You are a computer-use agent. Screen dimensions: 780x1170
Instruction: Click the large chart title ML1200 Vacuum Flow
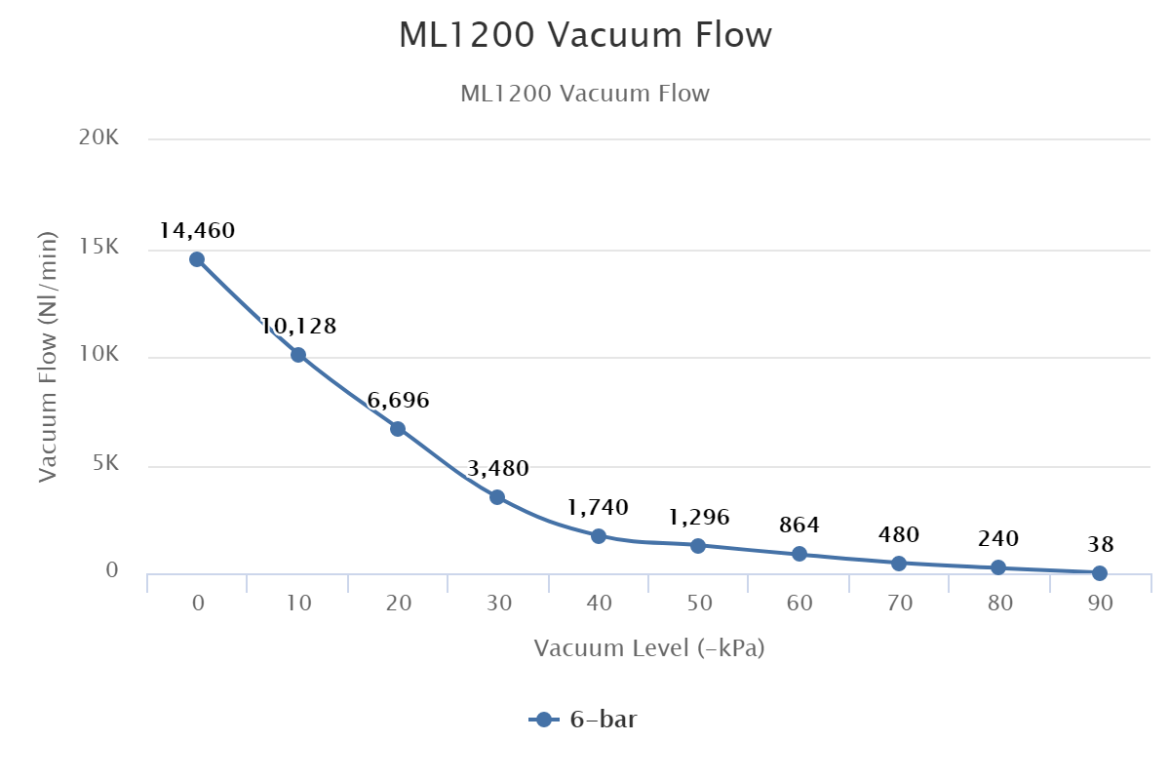point(585,36)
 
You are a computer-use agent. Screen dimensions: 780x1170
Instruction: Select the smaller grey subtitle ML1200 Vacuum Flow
point(585,95)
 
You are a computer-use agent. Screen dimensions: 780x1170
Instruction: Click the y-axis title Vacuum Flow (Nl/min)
point(48,357)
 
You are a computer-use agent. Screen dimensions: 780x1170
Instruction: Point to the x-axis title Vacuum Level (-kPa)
point(648,648)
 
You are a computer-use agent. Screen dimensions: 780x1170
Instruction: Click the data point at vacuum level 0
point(197,259)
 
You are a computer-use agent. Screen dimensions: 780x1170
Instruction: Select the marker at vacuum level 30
point(497,497)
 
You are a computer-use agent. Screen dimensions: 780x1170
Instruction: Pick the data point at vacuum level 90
point(1100,573)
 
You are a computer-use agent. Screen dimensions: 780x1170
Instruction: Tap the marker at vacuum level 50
point(698,546)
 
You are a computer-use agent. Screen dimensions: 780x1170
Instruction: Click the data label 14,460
point(197,231)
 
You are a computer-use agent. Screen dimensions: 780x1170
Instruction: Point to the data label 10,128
point(298,327)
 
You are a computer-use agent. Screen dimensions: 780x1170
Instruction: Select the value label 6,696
point(398,401)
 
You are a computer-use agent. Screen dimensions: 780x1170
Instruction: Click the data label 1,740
point(597,508)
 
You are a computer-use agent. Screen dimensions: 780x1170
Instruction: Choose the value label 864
point(799,526)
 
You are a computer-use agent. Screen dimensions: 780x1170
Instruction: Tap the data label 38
point(1100,545)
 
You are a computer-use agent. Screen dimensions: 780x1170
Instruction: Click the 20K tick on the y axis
point(98,139)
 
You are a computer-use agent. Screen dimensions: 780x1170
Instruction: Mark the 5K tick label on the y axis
point(104,465)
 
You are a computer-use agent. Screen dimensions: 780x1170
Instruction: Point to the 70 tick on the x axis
point(900,604)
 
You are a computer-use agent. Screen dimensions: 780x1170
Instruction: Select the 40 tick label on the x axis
point(599,604)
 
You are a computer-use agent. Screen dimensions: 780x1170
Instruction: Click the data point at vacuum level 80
point(998,567)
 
